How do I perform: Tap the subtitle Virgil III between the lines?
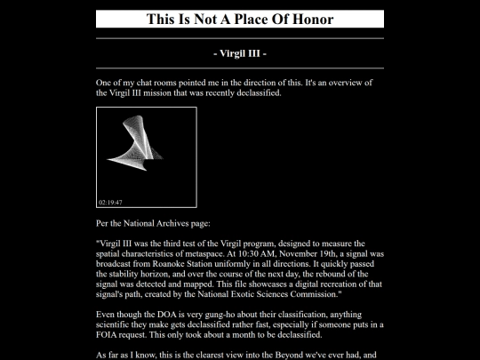click(x=240, y=53)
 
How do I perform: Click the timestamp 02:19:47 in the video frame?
click(x=111, y=203)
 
